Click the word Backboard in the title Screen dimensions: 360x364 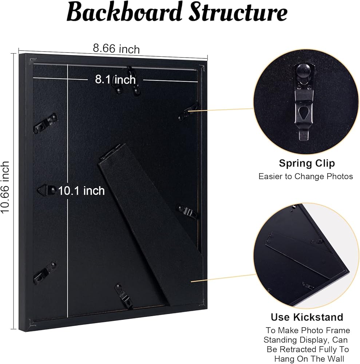[124, 13]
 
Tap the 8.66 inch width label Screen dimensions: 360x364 [116, 48]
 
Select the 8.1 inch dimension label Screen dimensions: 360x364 [115, 79]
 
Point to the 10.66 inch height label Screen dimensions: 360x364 [5, 187]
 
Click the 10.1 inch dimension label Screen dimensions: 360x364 [82, 190]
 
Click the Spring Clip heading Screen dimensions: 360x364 [307, 163]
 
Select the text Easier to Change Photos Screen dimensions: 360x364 [306, 177]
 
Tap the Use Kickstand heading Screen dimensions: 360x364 [307, 317]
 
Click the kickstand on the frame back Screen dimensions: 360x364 [153, 226]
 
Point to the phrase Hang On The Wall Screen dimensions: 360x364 [307, 359]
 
